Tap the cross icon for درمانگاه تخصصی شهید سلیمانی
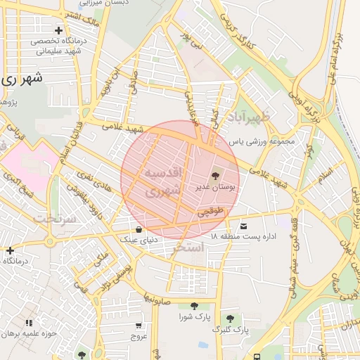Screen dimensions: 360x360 (x=58, y=30)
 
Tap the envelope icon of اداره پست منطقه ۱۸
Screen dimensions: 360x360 (x=244, y=226)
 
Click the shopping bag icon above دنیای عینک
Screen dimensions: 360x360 (x=139, y=229)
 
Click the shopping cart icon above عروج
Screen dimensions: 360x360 (x=138, y=326)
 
